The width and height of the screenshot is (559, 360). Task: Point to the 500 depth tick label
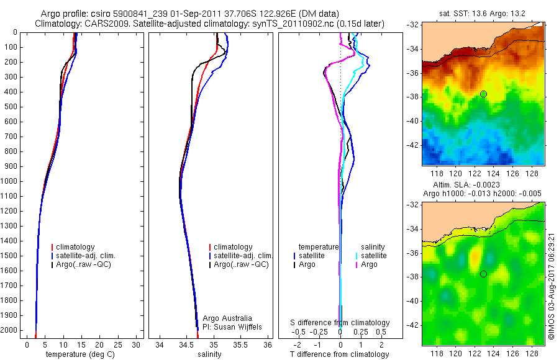[11, 107]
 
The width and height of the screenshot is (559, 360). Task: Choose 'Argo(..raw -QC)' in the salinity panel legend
[241, 264]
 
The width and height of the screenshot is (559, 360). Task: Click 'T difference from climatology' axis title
[340, 354]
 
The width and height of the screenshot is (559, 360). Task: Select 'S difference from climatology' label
[340, 323]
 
